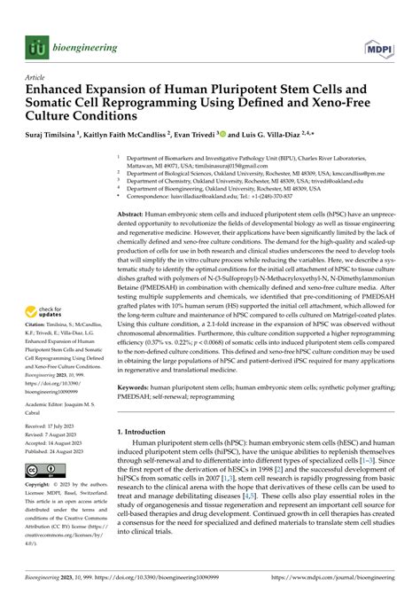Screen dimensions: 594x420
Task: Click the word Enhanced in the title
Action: point(59,90)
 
